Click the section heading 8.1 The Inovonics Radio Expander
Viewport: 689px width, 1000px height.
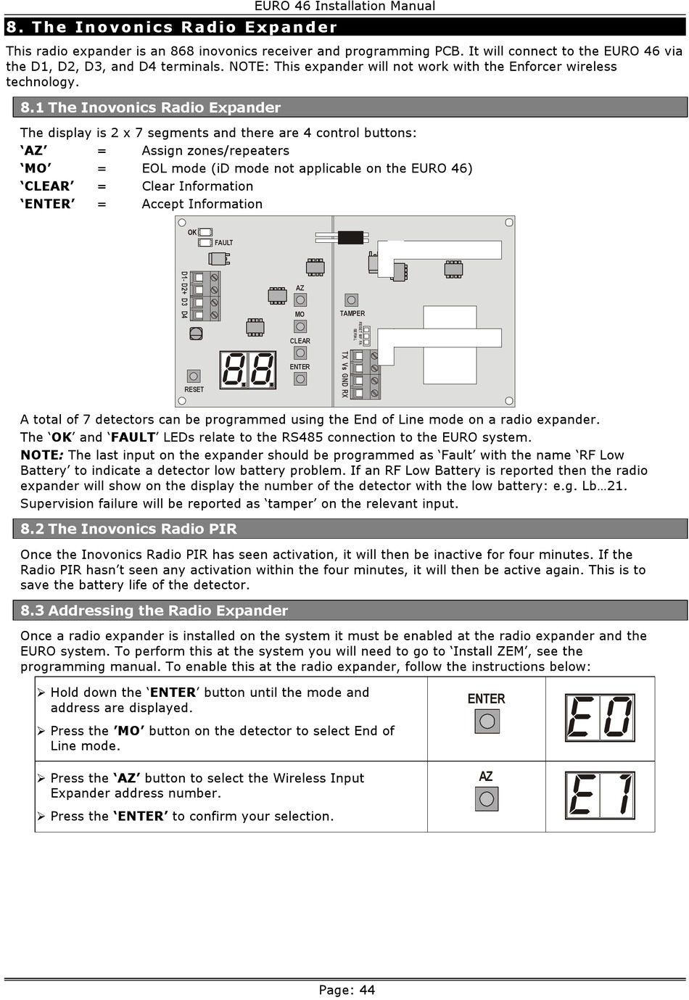150,108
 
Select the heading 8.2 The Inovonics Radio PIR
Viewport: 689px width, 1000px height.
128,529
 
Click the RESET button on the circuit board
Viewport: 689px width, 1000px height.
194,376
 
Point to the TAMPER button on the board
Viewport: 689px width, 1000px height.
351,300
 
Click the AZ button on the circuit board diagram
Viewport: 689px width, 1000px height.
300,299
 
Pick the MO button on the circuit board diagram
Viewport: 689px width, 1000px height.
300,326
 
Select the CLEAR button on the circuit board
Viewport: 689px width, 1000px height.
300,353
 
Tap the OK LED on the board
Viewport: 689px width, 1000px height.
205,233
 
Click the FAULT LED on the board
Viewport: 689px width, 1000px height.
205,242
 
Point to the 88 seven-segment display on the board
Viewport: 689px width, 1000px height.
248,370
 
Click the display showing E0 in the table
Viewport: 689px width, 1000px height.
600,718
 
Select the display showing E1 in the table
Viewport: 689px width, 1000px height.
600,796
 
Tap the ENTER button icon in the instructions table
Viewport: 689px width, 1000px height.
487,721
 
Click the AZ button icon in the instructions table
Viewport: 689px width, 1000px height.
487,798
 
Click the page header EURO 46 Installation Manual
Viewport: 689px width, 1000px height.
344,7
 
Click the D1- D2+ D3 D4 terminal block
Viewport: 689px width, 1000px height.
205,296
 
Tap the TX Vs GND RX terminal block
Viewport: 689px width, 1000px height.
365,374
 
